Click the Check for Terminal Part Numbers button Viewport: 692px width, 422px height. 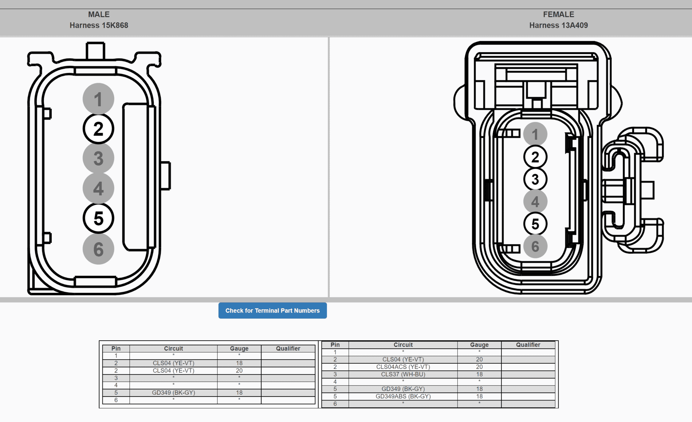pos(272,310)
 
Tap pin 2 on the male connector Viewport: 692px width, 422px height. pos(98,129)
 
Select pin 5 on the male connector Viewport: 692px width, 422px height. pos(98,218)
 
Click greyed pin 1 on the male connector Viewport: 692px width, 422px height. pos(98,99)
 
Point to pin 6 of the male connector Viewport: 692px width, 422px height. pos(98,249)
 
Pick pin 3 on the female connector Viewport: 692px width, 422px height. pos(535,179)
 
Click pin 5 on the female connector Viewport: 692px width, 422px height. pos(535,224)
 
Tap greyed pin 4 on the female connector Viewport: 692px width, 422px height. pos(535,201)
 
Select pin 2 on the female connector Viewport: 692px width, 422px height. pos(535,157)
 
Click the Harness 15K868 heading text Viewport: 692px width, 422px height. pos(99,25)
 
